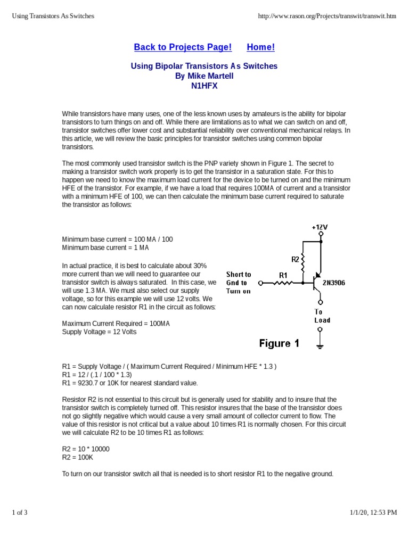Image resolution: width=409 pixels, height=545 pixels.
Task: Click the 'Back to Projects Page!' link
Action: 183,47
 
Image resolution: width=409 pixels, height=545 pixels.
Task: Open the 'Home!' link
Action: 261,47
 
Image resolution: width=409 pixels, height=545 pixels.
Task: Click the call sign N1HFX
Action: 204,86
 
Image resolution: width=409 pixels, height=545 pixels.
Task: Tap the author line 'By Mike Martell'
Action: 204,76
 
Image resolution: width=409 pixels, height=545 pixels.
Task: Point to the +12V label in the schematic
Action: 320,227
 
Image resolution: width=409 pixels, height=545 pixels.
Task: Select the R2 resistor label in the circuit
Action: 295,259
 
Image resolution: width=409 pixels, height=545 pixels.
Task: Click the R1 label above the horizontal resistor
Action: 284,275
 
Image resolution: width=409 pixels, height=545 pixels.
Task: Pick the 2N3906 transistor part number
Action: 334,283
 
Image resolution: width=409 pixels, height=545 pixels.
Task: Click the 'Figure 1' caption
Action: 279,343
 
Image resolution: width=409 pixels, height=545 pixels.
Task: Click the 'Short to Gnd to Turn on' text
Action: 239,283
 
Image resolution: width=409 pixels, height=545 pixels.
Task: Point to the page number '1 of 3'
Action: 20,513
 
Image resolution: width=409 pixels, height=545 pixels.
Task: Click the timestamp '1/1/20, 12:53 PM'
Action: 373,513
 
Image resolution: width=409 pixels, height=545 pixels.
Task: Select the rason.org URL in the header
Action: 327,16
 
